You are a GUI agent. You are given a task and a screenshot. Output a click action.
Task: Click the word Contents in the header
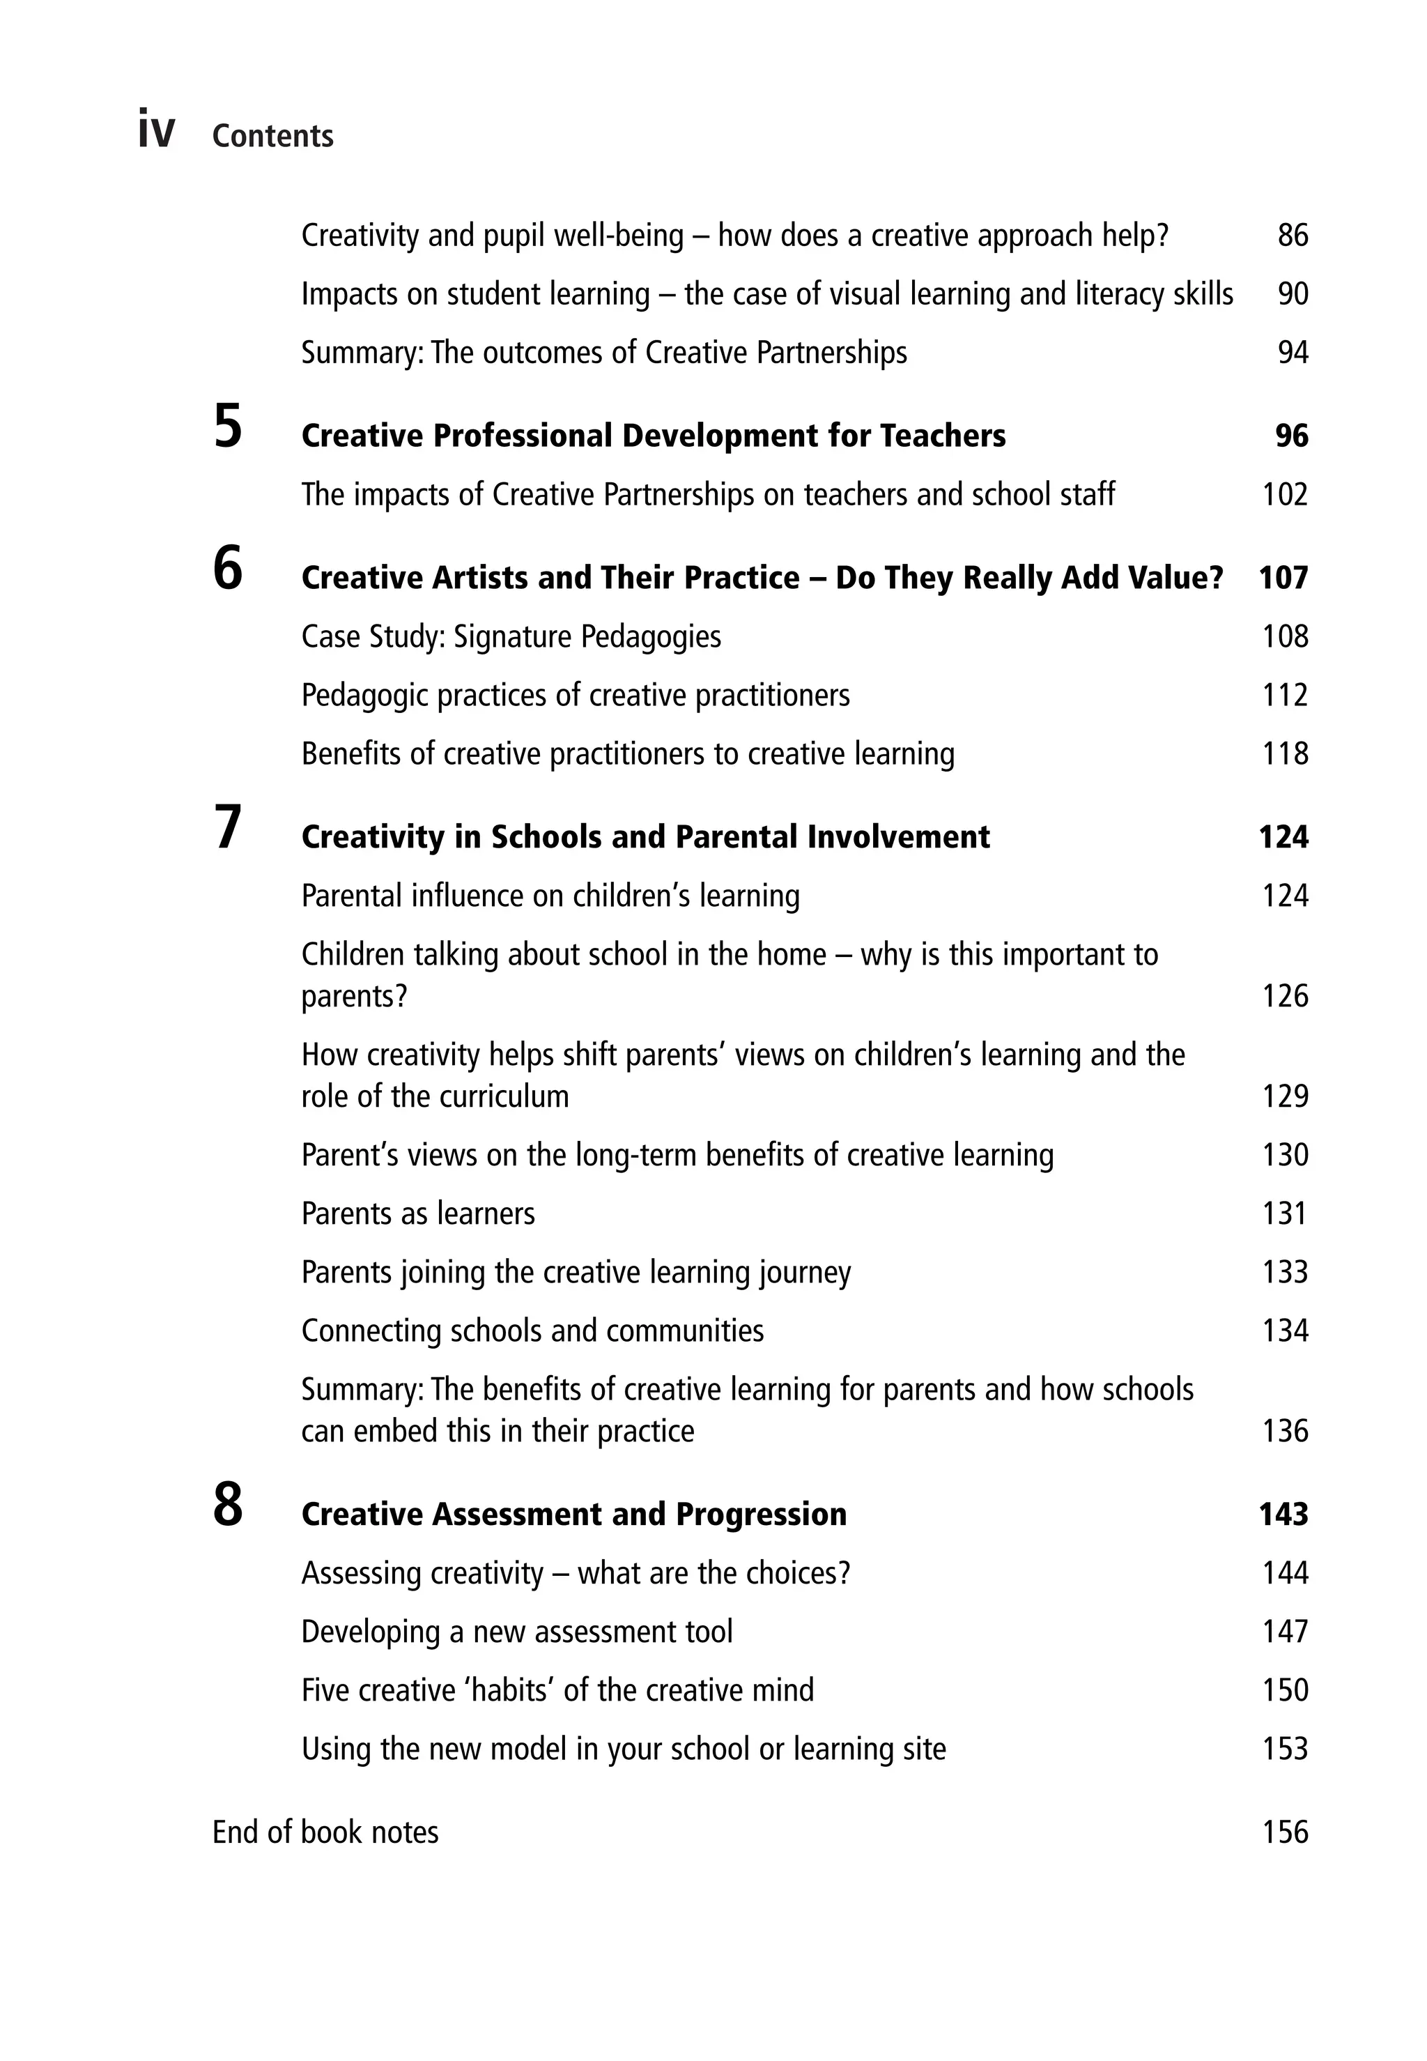click(272, 136)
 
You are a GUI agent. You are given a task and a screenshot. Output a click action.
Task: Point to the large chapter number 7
click(228, 828)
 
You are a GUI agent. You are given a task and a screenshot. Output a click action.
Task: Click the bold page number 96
click(1291, 436)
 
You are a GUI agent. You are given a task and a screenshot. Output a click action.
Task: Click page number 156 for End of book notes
click(1285, 1832)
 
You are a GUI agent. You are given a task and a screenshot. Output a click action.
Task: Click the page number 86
click(1293, 236)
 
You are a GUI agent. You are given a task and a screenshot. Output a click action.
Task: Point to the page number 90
click(1293, 294)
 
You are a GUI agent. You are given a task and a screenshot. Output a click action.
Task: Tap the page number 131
click(1285, 1214)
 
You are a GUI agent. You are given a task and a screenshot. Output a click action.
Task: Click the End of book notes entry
click(325, 1832)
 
